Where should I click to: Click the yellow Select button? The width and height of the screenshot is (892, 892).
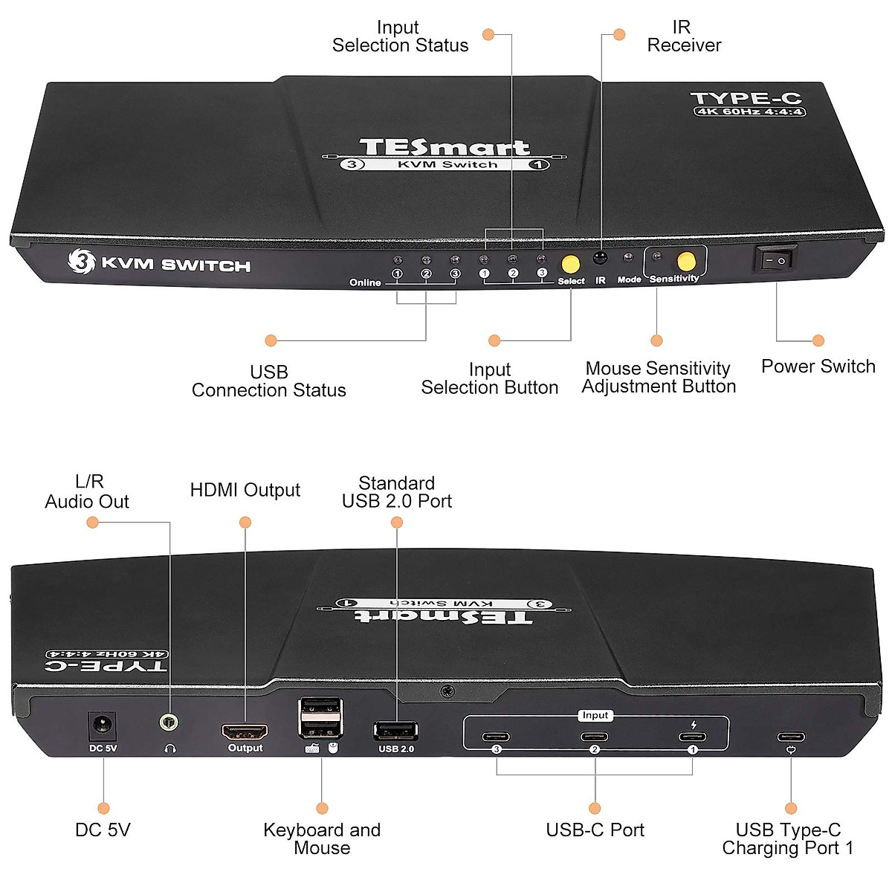coord(570,264)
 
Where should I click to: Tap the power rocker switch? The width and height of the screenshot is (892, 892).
coord(775,259)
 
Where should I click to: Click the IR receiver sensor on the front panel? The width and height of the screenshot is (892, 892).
coord(600,259)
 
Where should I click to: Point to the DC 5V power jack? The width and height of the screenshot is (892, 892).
coord(103,725)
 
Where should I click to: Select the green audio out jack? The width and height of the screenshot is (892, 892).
coord(170,722)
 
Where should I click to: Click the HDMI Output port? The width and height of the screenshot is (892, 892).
coord(245,731)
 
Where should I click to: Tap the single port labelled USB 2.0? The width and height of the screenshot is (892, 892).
coord(395,731)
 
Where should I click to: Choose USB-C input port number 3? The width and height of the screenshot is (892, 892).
coord(496,737)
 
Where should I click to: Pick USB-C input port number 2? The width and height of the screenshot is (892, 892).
coord(595,737)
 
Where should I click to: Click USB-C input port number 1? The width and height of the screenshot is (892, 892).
coord(693,737)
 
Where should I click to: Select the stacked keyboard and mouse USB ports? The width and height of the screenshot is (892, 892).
coord(321,718)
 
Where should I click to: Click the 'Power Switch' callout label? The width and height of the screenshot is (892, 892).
coord(818,366)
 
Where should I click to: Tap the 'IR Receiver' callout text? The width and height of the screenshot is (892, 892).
coord(684,36)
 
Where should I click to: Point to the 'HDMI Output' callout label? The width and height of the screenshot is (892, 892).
coord(245,490)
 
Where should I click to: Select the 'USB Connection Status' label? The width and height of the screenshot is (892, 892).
coord(268,381)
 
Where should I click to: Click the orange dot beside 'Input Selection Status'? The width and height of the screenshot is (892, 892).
coord(488,34)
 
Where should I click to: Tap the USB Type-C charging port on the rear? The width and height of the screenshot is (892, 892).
coord(791,737)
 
